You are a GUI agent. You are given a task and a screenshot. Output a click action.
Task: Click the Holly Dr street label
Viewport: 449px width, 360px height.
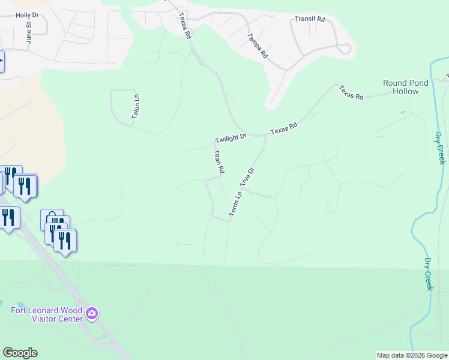(x=26, y=15)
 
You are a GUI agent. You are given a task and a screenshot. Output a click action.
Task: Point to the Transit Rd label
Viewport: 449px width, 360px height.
(x=310, y=19)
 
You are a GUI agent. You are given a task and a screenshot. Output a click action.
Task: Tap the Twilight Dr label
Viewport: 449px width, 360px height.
(x=231, y=139)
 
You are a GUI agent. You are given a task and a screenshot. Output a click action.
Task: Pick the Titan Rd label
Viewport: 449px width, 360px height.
(x=218, y=162)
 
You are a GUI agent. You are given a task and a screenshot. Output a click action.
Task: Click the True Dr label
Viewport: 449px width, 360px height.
(x=248, y=177)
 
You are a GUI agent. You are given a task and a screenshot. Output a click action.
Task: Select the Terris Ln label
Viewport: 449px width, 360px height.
(x=235, y=203)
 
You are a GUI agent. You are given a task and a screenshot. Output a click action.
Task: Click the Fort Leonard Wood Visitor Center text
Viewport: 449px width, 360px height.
(x=47, y=314)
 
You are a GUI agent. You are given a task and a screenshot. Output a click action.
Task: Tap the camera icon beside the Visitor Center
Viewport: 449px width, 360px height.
(x=92, y=313)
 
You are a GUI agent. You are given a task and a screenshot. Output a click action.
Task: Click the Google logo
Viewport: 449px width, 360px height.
(x=20, y=353)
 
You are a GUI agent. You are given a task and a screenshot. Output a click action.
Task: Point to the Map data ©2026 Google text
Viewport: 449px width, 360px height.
(x=412, y=355)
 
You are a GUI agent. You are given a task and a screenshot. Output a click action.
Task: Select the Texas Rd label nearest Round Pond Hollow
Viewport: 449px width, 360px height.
(x=351, y=92)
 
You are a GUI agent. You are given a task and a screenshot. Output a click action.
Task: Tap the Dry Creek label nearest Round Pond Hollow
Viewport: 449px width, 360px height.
(x=440, y=148)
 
